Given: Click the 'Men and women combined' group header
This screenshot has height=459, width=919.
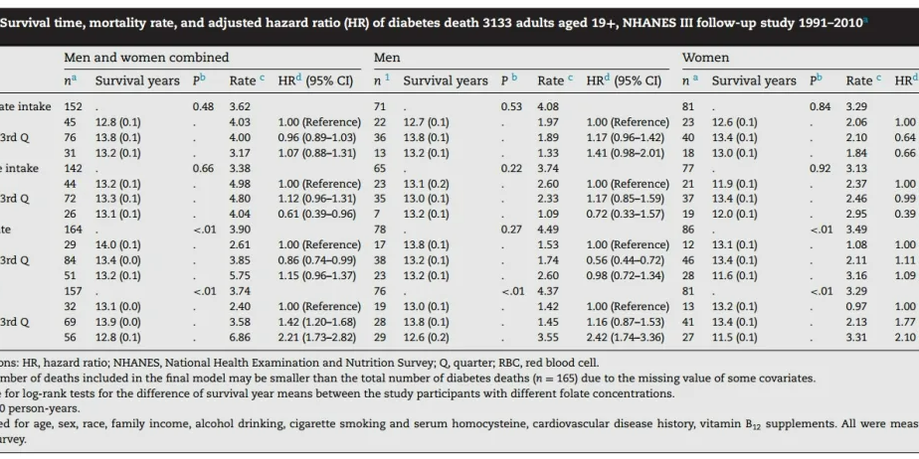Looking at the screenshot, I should pos(146,58).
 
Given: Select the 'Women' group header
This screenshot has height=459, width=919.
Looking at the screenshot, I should pos(705,58).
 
